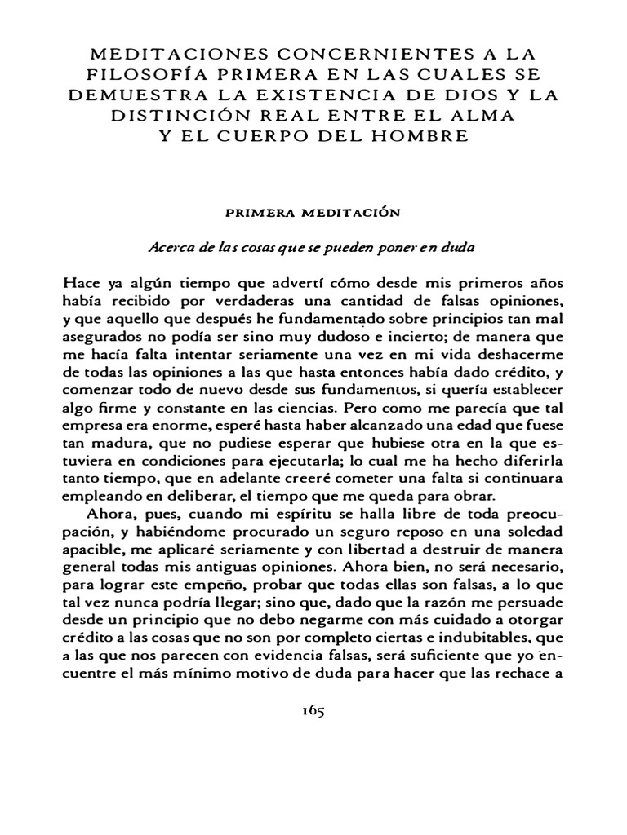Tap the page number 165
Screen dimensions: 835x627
pos(313,710)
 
